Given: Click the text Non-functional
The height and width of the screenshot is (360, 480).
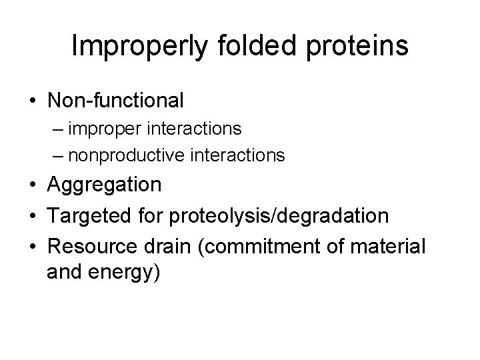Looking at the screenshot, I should (x=115, y=101).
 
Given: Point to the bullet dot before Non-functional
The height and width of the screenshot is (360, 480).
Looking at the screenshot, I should (x=32, y=101).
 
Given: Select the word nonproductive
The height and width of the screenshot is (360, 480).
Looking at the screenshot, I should (x=127, y=156).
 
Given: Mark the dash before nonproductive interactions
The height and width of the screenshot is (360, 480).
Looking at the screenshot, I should (x=55, y=156).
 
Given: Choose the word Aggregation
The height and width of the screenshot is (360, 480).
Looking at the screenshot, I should (x=104, y=185).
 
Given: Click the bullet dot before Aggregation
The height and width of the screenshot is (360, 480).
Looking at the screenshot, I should (x=32, y=185).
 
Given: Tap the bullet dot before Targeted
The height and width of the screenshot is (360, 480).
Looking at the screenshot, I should (x=32, y=215).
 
